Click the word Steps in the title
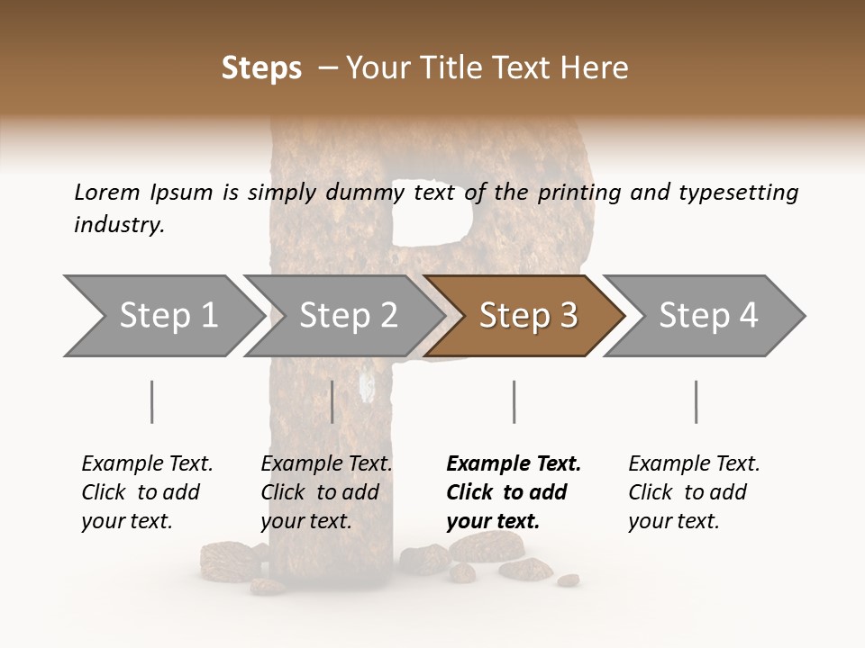click(x=261, y=68)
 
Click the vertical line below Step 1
click(x=152, y=401)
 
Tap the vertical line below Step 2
click(x=332, y=401)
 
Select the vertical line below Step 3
click(x=514, y=401)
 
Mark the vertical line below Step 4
click(x=696, y=401)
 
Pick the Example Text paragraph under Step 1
click(x=147, y=492)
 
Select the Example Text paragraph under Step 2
click(x=326, y=492)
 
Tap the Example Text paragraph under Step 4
click(x=694, y=492)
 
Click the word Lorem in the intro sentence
click(x=107, y=192)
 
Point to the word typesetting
click(x=738, y=193)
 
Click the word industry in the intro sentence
click(x=119, y=225)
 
